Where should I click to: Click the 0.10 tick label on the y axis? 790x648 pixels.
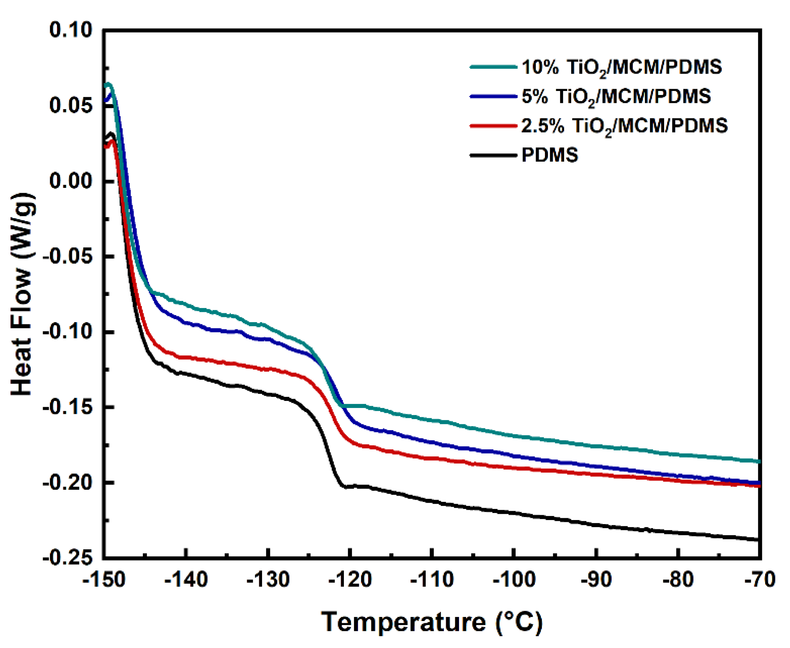coord(71,30)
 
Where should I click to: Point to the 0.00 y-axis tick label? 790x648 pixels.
coord(71,181)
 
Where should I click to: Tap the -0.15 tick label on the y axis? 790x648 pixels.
coord(68,407)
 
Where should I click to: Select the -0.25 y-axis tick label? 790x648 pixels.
coord(68,558)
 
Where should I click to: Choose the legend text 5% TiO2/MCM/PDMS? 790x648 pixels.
coord(616,97)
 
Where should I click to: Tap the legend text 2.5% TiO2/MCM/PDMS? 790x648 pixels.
coord(624,126)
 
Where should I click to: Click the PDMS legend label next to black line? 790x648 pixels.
coord(549,155)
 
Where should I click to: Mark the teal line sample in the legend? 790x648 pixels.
coord(493,67)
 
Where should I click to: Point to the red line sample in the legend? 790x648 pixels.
coord(493,126)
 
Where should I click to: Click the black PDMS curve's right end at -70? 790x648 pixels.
coord(757,540)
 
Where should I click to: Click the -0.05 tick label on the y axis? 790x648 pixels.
coord(68,256)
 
